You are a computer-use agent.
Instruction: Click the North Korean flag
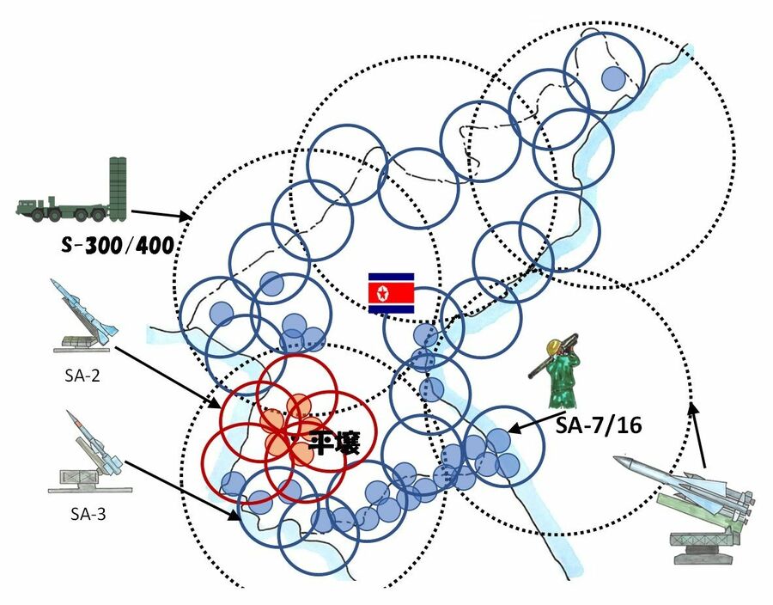[x=392, y=293]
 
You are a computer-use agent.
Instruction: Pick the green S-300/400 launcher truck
[x=72, y=196]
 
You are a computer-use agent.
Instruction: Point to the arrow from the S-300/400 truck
[x=163, y=212]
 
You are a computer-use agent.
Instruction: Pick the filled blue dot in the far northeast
[x=612, y=78]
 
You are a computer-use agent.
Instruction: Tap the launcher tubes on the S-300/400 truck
[x=118, y=187]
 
